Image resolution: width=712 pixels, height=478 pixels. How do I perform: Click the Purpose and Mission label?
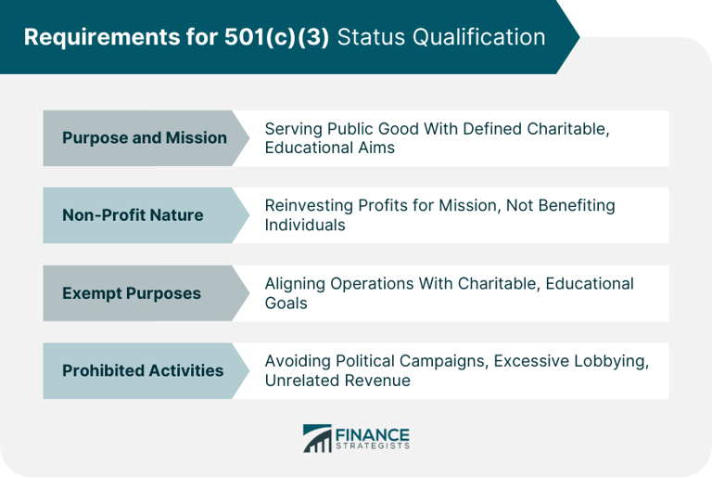[x=144, y=138]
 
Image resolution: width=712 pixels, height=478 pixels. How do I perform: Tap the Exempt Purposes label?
[x=131, y=293]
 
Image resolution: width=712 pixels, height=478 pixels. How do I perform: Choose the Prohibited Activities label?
[x=142, y=370]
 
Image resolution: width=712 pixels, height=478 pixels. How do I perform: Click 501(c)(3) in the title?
[x=277, y=38]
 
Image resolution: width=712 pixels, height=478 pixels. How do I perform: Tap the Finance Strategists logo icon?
[x=317, y=438]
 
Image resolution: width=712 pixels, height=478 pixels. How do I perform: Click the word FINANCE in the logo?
[x=373, y=433]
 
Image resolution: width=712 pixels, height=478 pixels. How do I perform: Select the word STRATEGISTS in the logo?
[x=373, y=446]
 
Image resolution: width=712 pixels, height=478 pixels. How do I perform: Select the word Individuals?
[x=305, y=226]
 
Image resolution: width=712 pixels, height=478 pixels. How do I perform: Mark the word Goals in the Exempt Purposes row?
[x=286, y=303]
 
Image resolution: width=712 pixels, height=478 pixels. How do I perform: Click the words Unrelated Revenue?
[x=337, y=380]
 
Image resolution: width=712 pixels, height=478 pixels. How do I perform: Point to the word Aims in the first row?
[x=375, y=149]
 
